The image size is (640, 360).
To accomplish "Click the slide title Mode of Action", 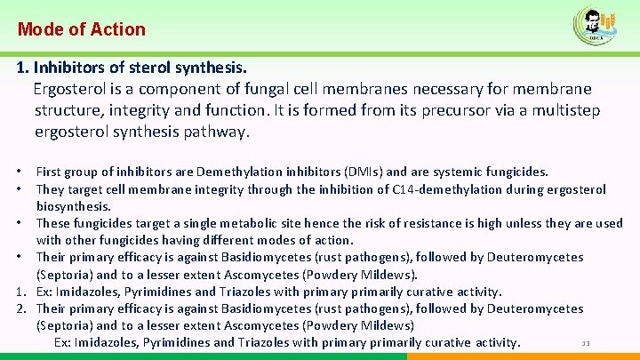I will pos(82,29).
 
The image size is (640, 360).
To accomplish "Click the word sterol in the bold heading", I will pos(142,68).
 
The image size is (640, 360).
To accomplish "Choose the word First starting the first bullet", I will pos(49,172).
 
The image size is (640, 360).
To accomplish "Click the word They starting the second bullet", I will pos(51,189).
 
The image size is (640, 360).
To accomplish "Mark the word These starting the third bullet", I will pos(53,223).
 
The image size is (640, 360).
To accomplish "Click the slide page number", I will pos(586,344).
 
